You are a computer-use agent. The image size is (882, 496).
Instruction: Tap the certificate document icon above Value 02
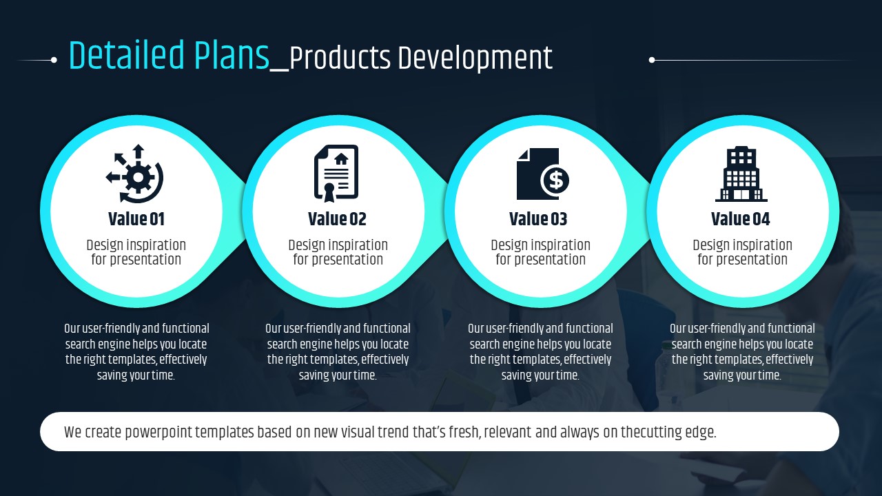click(336, 173)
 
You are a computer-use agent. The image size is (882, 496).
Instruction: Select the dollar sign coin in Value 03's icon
click(555, 180)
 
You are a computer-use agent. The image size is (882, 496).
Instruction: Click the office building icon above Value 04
click(741, 174)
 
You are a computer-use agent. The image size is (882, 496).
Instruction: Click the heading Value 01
click(136, 219)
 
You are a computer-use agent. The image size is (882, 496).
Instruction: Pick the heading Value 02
click(337, 219)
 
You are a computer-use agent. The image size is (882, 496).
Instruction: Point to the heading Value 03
click(538, 219)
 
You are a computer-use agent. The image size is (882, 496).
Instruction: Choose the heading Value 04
click(740, 219)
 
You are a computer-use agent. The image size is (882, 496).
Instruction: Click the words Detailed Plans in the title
click(169, 56)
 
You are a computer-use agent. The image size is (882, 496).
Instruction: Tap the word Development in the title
click(475, 59)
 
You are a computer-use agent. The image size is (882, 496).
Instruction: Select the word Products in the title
click(340, 59)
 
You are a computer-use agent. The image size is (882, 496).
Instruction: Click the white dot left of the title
click(54, 60)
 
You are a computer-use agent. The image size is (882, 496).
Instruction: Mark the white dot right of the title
click(652, 60)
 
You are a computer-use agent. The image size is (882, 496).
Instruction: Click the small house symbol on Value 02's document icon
click(341, 159)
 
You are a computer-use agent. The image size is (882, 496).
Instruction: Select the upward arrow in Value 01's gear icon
click(138, 152)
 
